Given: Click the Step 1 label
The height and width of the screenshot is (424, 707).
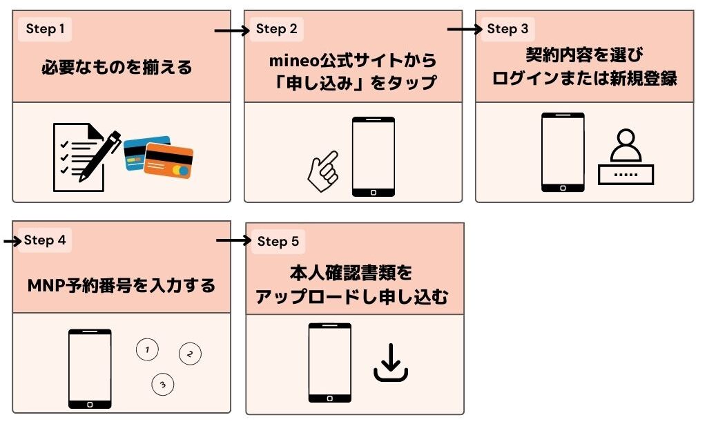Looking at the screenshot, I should tap(45, 29).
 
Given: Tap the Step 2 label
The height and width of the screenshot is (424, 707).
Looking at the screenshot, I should tap(276, 29).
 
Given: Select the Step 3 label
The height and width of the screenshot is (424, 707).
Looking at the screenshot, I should tap(507, 29).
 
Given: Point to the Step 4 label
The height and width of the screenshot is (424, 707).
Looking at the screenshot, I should tap(45, 240).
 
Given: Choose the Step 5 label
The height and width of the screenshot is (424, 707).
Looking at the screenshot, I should tap(278, 241).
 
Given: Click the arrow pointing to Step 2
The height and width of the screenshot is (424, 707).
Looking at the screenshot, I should tap(231, 31).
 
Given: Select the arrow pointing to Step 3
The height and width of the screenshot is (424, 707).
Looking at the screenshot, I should tap(465, 30).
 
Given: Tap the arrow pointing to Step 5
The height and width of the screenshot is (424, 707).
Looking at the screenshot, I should tap(233, 240).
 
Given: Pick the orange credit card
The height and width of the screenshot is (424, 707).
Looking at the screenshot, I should tap(169, 162).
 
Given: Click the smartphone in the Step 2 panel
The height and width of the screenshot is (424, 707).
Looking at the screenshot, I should tap(373, 157).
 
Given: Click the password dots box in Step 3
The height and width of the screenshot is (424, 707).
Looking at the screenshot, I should tap(626, 174).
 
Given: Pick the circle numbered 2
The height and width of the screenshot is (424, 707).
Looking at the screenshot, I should tap(190, 354).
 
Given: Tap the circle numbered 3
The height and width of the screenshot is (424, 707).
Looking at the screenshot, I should tap(162, 385).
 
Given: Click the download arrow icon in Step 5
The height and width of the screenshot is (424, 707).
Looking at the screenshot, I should tap(391, 363).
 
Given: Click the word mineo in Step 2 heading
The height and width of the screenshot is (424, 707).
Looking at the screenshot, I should tap(296, 61).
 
